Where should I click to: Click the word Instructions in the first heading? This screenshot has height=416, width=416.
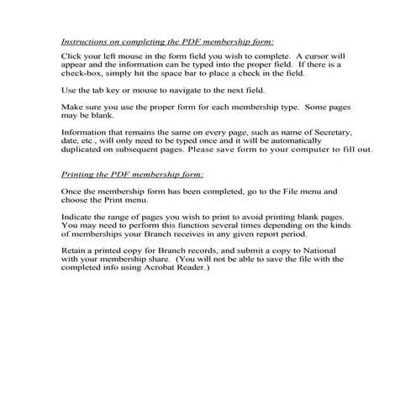tap(83, 40)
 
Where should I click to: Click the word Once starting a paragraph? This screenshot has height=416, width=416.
tap(73, 192)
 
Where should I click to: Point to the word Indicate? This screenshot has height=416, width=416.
tap(79, 217)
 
